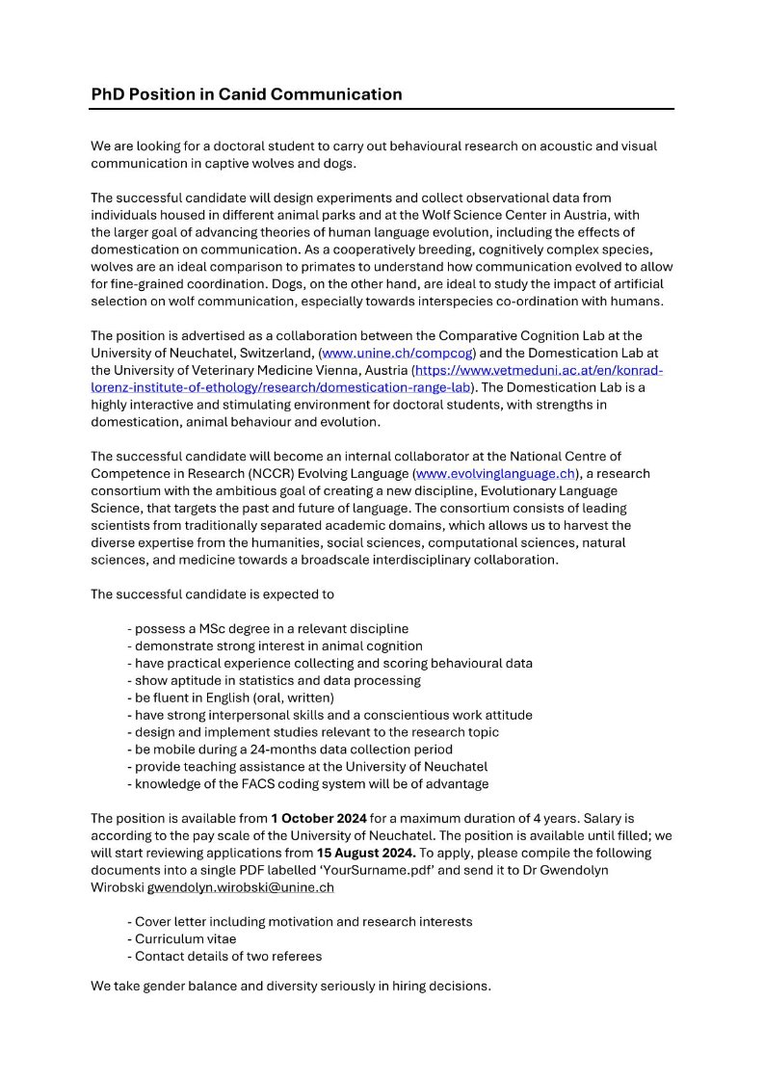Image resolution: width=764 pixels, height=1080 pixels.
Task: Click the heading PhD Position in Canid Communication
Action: (x=247, y=94)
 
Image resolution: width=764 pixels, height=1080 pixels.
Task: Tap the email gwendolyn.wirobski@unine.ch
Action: (x=240, y=887)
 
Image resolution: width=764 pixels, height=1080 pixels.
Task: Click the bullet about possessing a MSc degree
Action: (x=268, y=628)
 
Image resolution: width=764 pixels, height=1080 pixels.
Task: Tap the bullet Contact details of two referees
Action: (x=224, y=956)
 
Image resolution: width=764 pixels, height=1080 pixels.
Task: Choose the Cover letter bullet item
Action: (x=300, y=921)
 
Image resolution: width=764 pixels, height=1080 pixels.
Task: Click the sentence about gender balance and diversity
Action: (x=291, y=986)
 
